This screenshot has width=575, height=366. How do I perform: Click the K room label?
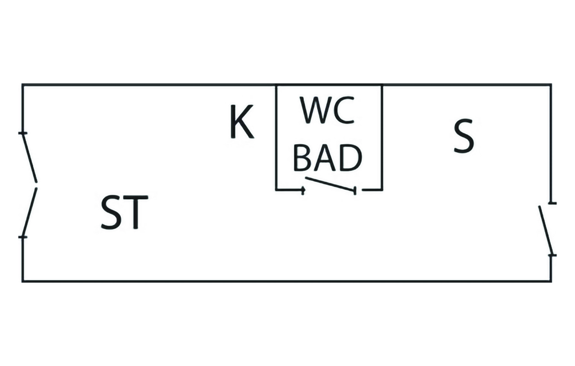point(242,123)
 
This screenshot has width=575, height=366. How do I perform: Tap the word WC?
point(327,111)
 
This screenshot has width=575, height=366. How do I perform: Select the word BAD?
point(327,159)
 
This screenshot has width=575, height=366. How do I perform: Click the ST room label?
point(124,213)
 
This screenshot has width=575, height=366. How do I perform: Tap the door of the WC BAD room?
point(330,185)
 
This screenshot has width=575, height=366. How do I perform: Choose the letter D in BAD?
point(350,159)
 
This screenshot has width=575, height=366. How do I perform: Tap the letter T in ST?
point(136,213)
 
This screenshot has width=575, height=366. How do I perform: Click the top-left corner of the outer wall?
point(22,85)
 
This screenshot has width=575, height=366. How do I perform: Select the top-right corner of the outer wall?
point(550,85)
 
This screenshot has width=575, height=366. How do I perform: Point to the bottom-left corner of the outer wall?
point(22,281)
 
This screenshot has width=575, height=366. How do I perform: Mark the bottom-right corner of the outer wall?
point(550,281)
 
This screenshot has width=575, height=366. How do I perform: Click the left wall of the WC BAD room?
point(276,138)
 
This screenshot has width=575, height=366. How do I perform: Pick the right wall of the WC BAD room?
point(382,138)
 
